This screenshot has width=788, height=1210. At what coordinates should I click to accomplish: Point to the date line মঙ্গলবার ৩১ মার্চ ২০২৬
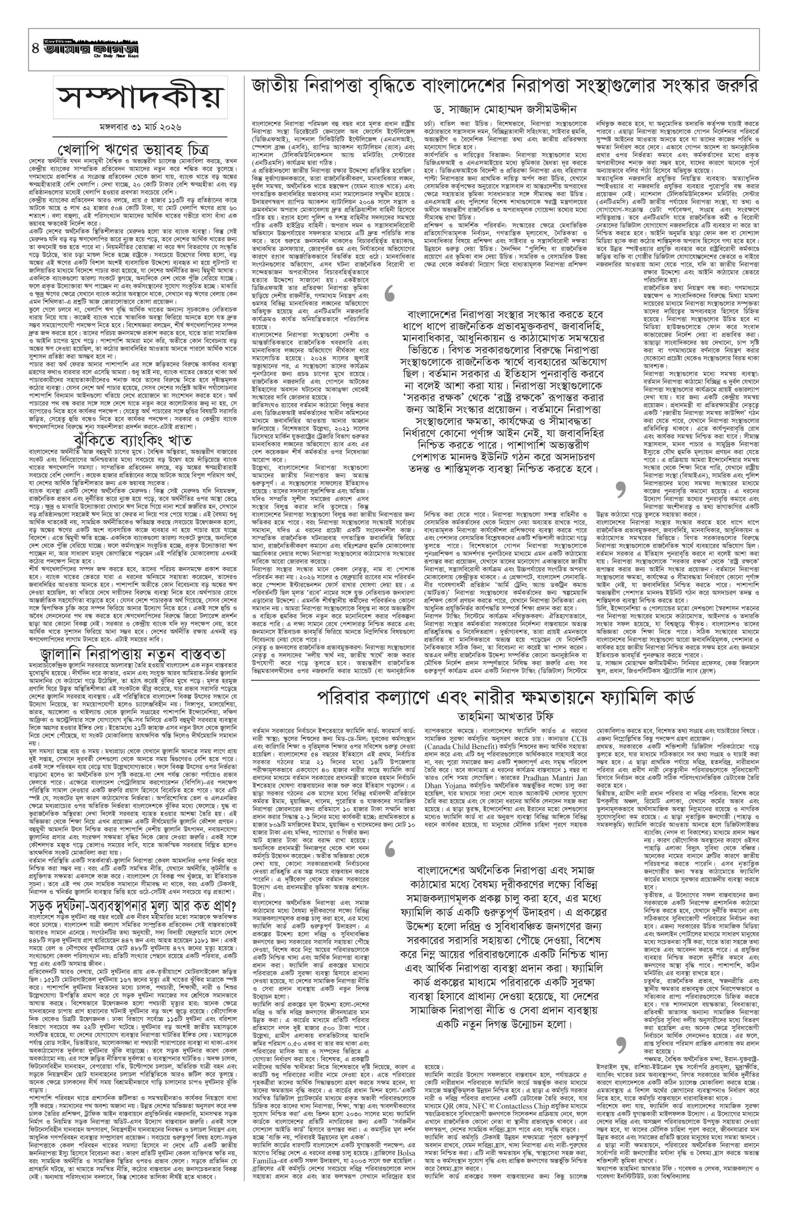140,125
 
